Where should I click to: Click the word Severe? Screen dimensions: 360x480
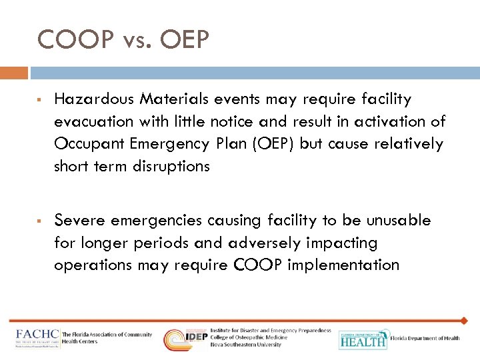tap(77, 221)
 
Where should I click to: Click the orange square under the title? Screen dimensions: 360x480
tap(14, 73)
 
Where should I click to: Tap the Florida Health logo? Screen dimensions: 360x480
tap(363, 339)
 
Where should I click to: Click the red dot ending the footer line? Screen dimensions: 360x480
tap(464, 321)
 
